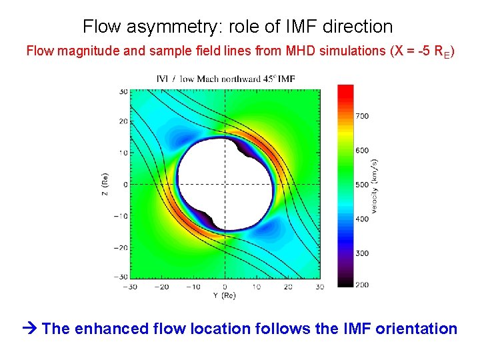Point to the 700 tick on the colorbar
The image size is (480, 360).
361,116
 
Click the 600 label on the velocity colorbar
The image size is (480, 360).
361,150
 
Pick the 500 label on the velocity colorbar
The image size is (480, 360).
361,185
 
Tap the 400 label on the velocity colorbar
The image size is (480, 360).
361,219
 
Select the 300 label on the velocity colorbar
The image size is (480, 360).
361,253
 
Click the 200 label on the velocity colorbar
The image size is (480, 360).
361,285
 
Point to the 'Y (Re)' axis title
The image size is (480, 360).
225,295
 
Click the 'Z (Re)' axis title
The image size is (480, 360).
105,184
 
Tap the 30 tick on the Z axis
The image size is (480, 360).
123,91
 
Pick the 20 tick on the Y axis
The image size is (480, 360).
287,287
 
